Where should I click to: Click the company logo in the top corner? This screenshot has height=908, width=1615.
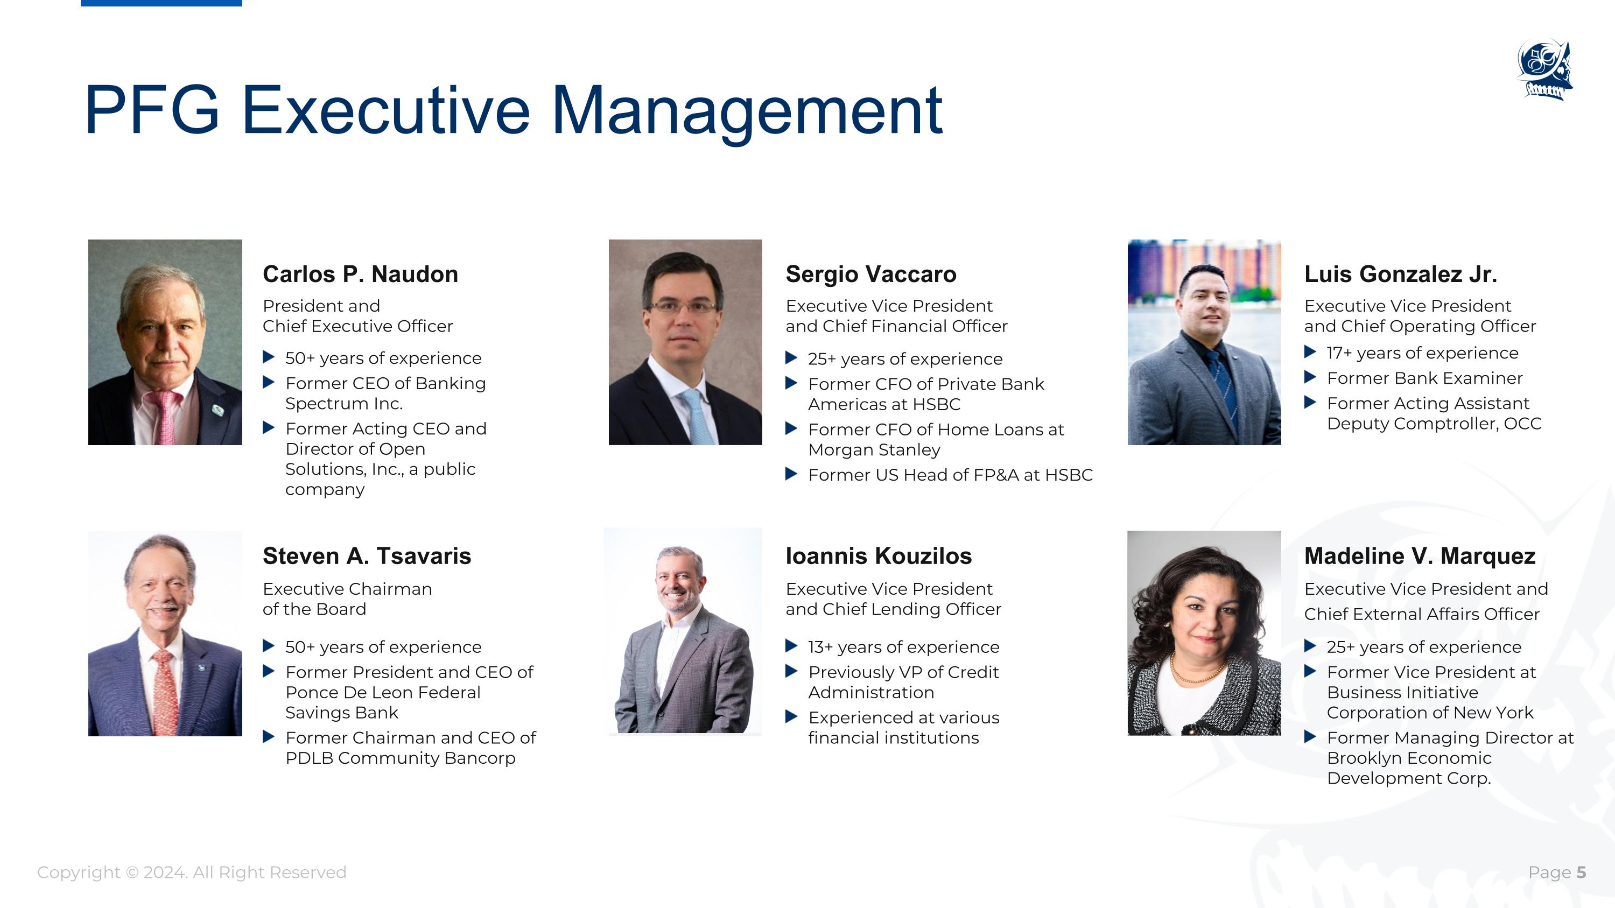[x=1545, y=69]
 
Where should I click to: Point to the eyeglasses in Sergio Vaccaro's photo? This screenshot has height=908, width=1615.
[x=683, y=307]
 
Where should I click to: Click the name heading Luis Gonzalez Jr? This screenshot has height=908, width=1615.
[x=1400, y=274]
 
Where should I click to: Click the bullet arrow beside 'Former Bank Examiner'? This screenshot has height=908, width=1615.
[x=1310, y=377]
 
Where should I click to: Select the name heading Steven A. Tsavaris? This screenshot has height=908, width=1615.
[x=366, y=557]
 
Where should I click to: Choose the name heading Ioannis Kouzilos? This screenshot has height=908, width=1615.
[x=879, y=557]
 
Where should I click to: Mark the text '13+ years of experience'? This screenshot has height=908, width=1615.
[x=903, y=647]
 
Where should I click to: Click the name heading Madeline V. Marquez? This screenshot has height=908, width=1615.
[x=1420, y=557]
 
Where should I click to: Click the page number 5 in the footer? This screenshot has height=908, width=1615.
[x=1581, y=873]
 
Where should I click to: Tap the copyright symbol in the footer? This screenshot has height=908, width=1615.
[x=132, y=873]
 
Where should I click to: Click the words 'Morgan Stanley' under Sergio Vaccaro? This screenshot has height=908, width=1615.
[x=874, y=450]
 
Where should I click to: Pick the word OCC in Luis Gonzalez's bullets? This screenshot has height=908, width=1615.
[x=1521, y=424]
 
